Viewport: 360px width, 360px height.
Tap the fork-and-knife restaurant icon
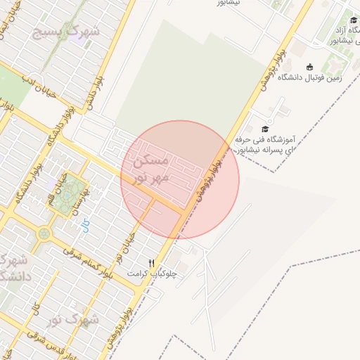click(x=150, y=263)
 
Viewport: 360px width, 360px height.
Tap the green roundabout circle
click(x=45, y=233)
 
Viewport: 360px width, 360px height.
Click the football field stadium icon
click(x=309, y=67)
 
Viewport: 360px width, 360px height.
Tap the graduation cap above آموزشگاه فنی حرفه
click(x=264, y=129)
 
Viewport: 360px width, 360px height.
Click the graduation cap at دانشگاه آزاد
click(x=353, y=20)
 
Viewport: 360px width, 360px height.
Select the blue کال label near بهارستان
click(x=86, y=224)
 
